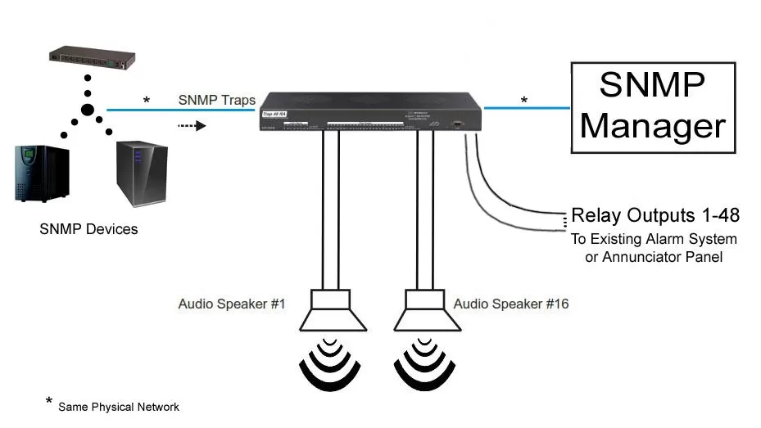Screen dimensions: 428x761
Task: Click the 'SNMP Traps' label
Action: (x=217, y=100)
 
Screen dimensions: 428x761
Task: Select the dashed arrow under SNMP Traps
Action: (x=189, y=126)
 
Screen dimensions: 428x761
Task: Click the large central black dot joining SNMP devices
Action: (x=88, y=110)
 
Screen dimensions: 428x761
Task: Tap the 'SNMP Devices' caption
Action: (x=88, y=229)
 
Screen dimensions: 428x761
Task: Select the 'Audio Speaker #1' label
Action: (x=231, y=304)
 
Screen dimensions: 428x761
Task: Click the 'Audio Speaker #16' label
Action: (x=511, y=304)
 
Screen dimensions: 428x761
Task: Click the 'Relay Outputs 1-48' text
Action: (x=655, y=216)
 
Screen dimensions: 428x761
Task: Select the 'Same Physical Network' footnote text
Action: (x=119, y=407)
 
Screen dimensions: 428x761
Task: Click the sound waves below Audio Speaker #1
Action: (x=331, y=365)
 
